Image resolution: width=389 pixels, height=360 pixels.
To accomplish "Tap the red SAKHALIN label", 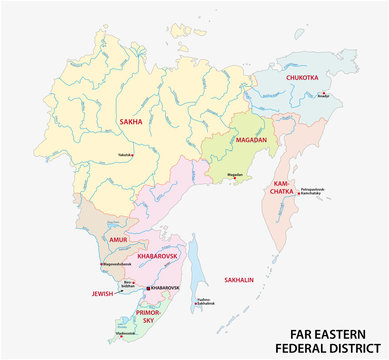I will coord(245,280).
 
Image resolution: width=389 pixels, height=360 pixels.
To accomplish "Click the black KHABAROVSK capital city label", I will coord(164,287).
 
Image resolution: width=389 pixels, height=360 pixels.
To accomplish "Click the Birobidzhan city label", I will coord(128,284).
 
